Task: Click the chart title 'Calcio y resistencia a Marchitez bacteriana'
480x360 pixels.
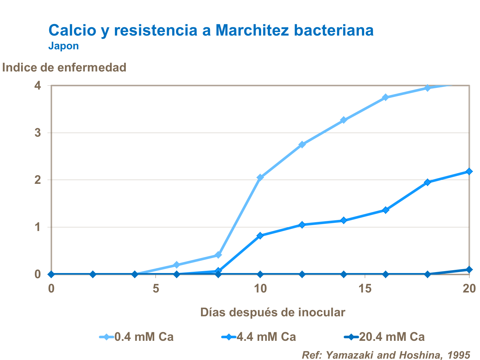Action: coord(211,30)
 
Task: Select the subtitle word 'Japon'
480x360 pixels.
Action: coord(63,46)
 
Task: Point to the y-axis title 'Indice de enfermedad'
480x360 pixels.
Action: coord(64,67)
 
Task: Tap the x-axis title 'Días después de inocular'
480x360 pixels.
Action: coord(273,312)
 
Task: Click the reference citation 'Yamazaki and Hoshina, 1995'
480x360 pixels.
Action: coord(386,355)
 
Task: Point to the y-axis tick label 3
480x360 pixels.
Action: coord(38,133)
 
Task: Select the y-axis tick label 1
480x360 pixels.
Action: coord(38,227)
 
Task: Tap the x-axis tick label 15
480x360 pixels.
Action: coord(365,289)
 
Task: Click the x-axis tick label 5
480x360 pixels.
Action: coord(156,289)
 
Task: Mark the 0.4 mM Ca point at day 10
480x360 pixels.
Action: coord(260,177)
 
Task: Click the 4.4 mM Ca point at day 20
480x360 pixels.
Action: coord(469,172)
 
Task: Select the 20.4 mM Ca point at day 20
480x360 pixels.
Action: coord(469,270)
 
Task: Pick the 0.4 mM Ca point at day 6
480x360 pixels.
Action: coord(176,265)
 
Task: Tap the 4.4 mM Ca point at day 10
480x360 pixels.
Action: coord(260,236)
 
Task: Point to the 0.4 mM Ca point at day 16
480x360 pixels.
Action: coord(386,97)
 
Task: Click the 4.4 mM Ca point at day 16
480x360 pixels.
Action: coord(386,210)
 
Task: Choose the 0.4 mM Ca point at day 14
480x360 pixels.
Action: coord(344,120)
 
